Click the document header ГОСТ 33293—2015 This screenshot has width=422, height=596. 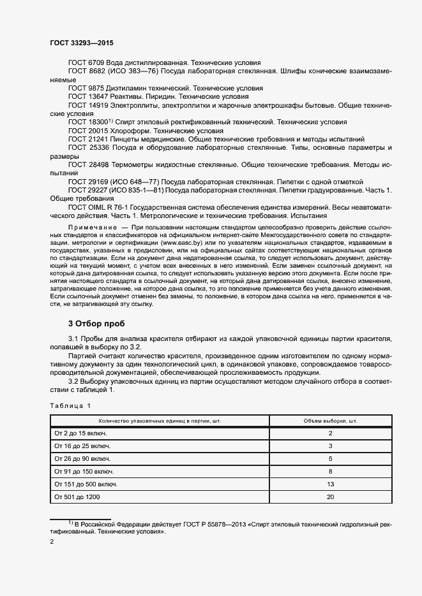coord(82,43)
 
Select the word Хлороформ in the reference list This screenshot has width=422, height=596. coord(132,130)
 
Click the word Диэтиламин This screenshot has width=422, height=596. coord(132,88)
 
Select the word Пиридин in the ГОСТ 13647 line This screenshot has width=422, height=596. coord(160,96)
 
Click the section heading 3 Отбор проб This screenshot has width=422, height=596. coord(96,324)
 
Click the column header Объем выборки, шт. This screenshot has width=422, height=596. coord(330,421)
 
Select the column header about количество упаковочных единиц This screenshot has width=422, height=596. coord(160,421)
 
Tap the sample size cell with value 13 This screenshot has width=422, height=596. coord(330,484)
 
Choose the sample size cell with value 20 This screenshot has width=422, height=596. coord(330,497)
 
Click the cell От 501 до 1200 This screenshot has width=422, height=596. coord(77,497)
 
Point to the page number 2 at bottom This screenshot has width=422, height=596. coord(52,542)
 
